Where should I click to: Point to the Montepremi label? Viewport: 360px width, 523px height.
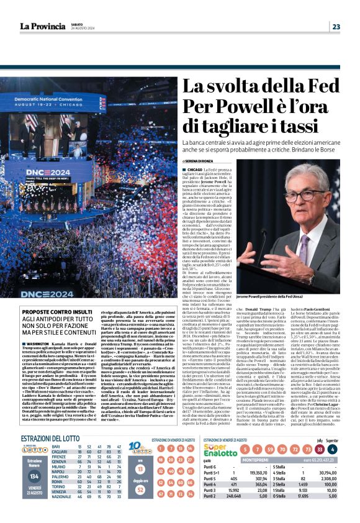click(x=256, y=460)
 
